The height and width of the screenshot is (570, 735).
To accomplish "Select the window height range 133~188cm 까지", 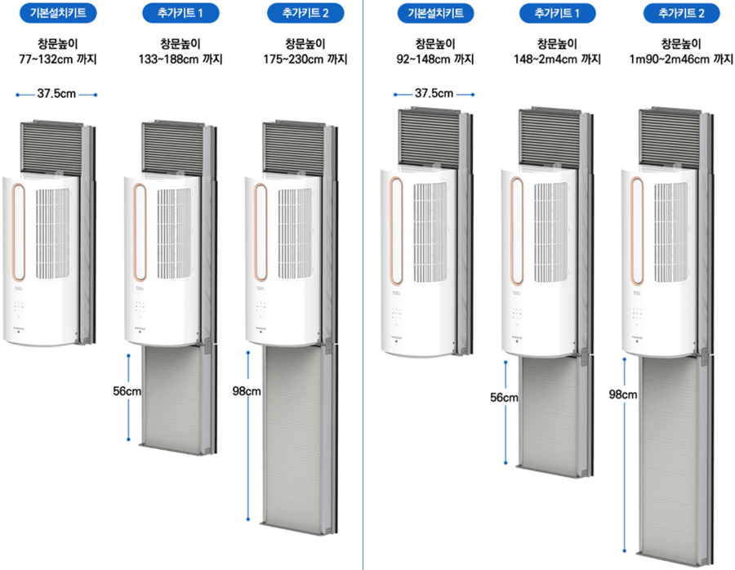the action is pos(180,60).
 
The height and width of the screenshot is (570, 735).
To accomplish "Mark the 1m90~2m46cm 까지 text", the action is pos(679,60).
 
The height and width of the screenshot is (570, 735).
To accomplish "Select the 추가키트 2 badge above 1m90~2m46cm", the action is pos(680,13).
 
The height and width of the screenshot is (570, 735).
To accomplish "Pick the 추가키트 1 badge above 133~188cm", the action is pos(178,13).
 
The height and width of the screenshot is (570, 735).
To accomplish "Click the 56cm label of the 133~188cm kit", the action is pos(127,391).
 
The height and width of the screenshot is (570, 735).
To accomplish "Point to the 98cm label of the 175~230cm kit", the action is pos(246,391).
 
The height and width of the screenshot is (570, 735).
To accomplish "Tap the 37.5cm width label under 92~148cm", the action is pos(434,94).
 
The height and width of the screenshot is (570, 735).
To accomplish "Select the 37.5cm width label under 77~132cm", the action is pos(56,94).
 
